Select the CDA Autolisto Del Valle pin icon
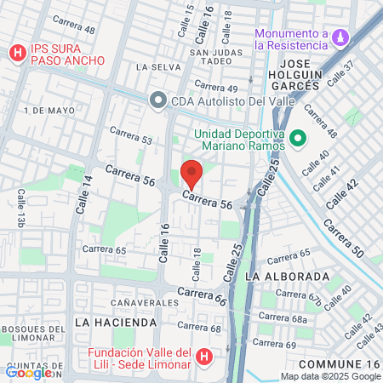(x=157, y=101)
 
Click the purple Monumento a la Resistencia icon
(x=340, y=38)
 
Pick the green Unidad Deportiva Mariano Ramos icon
(x=298, y=138)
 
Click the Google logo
(x=28, y=372)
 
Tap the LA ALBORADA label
(x=287, y=277)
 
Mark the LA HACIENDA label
(x=116, y=323)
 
